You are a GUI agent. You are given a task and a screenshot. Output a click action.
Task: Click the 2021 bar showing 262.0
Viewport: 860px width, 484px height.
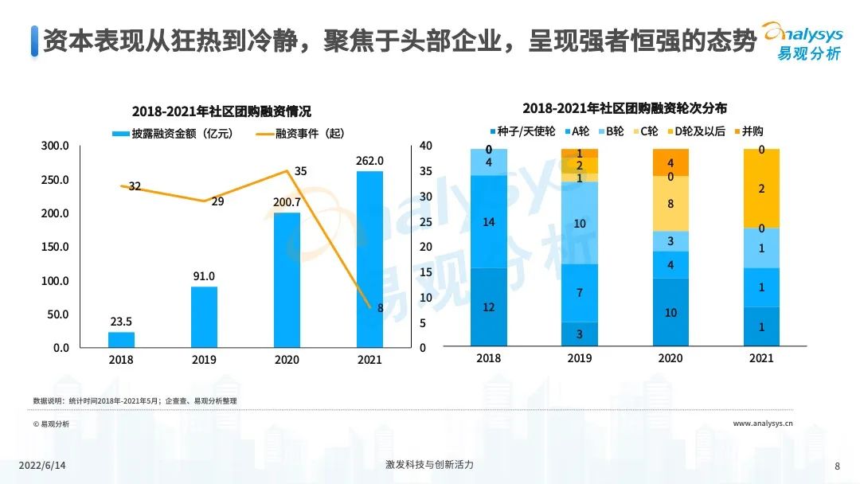click(369, 259)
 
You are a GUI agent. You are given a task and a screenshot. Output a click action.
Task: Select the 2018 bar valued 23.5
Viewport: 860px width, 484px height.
click(121, 340)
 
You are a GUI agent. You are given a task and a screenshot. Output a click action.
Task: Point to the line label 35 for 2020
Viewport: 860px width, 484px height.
click(300, 171)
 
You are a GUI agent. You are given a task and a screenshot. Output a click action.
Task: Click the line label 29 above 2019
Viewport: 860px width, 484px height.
click(217, 201)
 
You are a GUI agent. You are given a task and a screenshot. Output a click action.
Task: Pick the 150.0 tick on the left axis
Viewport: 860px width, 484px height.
click(56, 248)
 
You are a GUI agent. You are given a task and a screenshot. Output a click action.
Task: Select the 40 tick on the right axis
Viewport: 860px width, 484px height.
click(425, 146)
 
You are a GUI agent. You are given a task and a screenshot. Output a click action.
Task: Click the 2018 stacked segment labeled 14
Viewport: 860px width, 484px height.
click(489, 221)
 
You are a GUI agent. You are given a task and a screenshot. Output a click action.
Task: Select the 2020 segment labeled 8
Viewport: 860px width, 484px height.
click(670, 203)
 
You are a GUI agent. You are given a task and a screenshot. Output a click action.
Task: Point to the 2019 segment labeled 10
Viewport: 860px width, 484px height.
click(580, 223)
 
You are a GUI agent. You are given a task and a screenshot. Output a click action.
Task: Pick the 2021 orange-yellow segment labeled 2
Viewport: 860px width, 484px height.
click(761, 189)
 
